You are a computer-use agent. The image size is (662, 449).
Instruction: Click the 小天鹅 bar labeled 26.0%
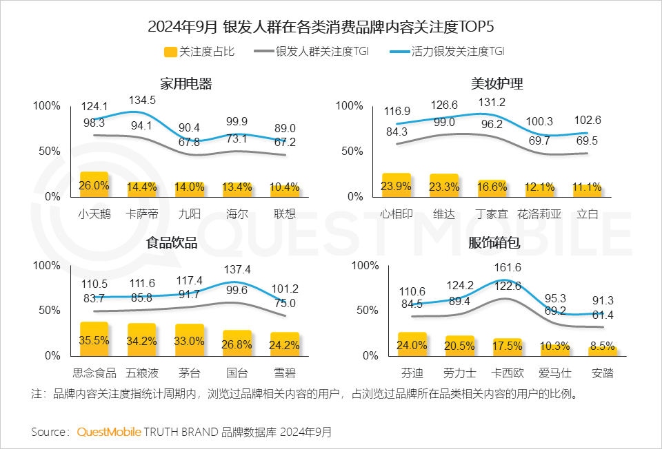[x=94, y=185]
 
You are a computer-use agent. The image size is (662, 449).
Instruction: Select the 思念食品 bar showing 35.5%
[x=94, y=339]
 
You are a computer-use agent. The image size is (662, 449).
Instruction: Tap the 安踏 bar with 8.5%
[x=602, y=351]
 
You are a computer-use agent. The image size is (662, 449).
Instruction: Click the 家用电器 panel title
[x=185, y=84]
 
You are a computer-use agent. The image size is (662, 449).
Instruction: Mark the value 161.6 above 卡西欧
[x=507, y=267]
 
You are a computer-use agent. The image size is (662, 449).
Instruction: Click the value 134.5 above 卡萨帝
[x=142, y=100]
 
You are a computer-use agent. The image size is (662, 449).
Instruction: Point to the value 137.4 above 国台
[x=237, y=269]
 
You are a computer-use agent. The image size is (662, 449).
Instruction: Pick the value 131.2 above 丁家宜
[x=491, y=102]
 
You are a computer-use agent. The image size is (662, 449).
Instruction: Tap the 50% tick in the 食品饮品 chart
[x=48, y=311]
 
